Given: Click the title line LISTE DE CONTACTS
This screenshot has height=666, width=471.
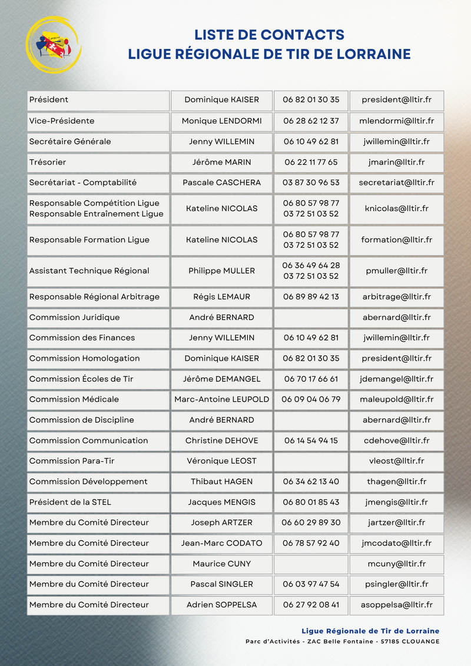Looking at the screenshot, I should pyautogui.click(x=269, y=34).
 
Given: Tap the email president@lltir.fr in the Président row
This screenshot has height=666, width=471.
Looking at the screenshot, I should pyautogui.click(x=396, y=100).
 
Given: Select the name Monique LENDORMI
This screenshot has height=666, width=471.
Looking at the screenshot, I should pyautogui.click(x=222, y=121).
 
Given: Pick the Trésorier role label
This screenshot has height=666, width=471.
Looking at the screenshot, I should pyautogui.click(x=48, y=162).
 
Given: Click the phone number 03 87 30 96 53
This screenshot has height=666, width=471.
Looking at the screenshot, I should pyautogui.click(x=311, y=182).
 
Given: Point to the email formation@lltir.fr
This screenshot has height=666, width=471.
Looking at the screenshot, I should pyautogui.click(x=396, y=240).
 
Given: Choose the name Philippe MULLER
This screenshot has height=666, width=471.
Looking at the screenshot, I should pyautogui.click(x=222, y=271).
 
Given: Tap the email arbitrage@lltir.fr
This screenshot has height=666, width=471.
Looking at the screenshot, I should pyautogui.click(x=396, y=297).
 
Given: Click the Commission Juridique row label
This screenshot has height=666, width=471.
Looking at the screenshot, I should pyautogui.click(x=74, y=318).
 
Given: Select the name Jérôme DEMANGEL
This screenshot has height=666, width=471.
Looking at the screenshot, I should pyautogui.click(x=222, y=379).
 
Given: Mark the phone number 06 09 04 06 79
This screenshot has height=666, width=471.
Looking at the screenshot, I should pyautogui.click(x=311, y=399).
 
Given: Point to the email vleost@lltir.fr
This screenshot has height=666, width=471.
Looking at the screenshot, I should pyautogui.click(x=396, y=461).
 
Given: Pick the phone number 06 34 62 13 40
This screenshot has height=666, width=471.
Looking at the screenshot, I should pyautogui.click(x=311, y=482).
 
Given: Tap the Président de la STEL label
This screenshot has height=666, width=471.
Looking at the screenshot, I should pyautogui.click(x=70, y=502).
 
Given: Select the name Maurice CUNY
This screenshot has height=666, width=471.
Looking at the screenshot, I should pyautogui.click(x=222, y=564).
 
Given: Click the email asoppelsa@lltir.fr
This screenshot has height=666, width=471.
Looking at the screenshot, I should pyautogui.click(x=396, y=605).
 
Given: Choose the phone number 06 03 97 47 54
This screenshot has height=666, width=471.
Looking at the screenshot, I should pyautogui.click(x=311, y=584).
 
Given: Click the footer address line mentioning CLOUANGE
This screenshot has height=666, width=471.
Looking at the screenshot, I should pyautogui.click(x=342, y=641).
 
